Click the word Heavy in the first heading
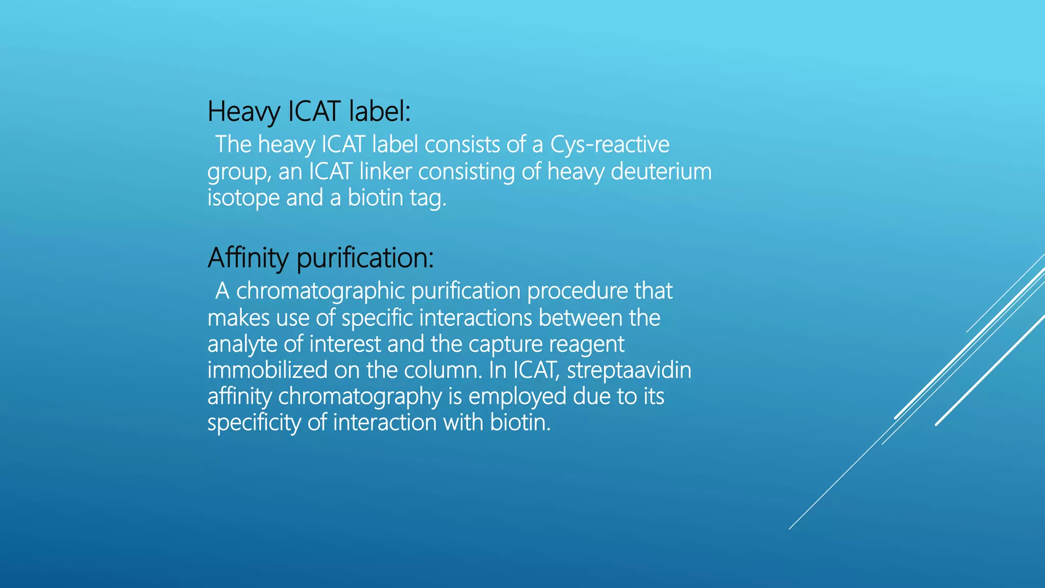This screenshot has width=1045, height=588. coord(244,111)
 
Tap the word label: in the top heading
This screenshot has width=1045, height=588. coord(380,111)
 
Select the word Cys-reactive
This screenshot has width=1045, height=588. coord(609,145)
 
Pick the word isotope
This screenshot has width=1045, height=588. coord(243,198)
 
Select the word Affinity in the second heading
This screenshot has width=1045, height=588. coord(248,258)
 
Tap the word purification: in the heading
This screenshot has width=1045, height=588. coord(365,258)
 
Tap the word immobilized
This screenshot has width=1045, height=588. coord(267,370)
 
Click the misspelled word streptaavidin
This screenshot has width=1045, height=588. coord(629,370)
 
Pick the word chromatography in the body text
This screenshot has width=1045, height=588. coord(360,397)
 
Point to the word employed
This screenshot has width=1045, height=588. coord(517,397)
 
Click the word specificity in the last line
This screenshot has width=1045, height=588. coord(254,423)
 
